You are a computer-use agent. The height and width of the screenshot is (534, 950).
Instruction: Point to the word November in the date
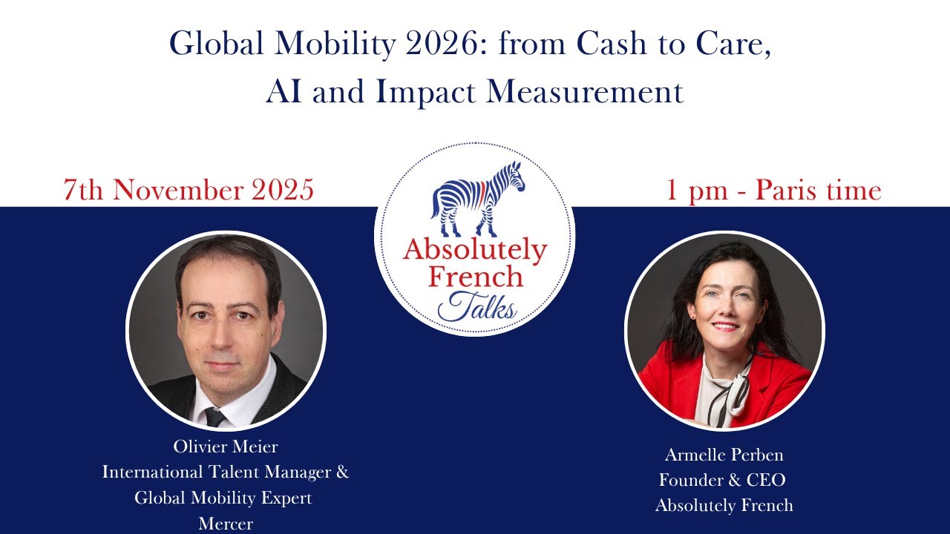(180, 191)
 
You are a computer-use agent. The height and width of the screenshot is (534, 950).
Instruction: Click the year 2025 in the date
(283, 191)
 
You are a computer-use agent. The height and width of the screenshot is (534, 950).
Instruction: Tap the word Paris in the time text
(787, 191)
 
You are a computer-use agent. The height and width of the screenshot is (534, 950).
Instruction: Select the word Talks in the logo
(477, 306)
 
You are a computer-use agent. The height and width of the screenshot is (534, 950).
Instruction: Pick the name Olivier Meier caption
(226, 446)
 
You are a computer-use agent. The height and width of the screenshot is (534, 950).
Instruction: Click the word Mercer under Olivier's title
(226, 524)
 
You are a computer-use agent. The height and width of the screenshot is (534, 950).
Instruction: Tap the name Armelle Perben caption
(724, 455)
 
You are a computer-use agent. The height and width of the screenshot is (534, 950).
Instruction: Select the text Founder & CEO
(722, 480)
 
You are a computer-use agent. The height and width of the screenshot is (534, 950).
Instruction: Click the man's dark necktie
(215, 416)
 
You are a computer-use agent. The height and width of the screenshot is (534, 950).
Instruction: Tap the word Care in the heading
(737, 45)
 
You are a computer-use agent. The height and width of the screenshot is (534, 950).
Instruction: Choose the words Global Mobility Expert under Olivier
(223, 498)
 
